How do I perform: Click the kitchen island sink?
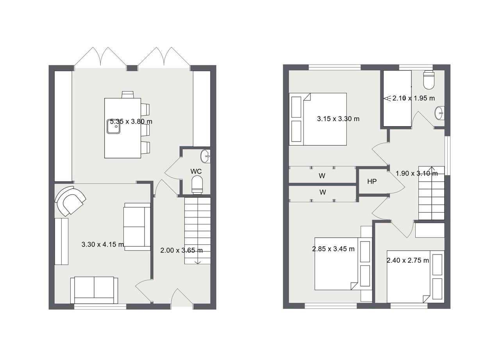[x=114, y=126]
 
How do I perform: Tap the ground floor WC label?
[x=196, y=171]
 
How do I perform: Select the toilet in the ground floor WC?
[x=197, y=184]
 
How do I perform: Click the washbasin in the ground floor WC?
[x=205, y=156]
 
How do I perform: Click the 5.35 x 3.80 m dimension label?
[x=131, y=122]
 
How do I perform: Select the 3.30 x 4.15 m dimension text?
[x=103, y=244]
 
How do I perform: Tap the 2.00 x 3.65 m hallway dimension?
[x=182, y=250]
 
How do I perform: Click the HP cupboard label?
[x=372, y=181]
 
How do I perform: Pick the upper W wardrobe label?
[x=322, y=176]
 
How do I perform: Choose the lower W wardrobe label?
[x=323, y=192]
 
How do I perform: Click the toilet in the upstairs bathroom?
[x=429, y=80]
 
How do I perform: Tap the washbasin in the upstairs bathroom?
[x=439, y=113]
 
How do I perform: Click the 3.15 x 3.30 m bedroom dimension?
[x=338, y=119]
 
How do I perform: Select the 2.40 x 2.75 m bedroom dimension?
[x=407, y=260]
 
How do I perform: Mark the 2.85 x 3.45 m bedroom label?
[x=333, y=249]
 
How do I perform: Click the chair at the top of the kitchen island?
[x=128, y=95]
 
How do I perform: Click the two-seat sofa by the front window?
[x=94, y=290]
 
